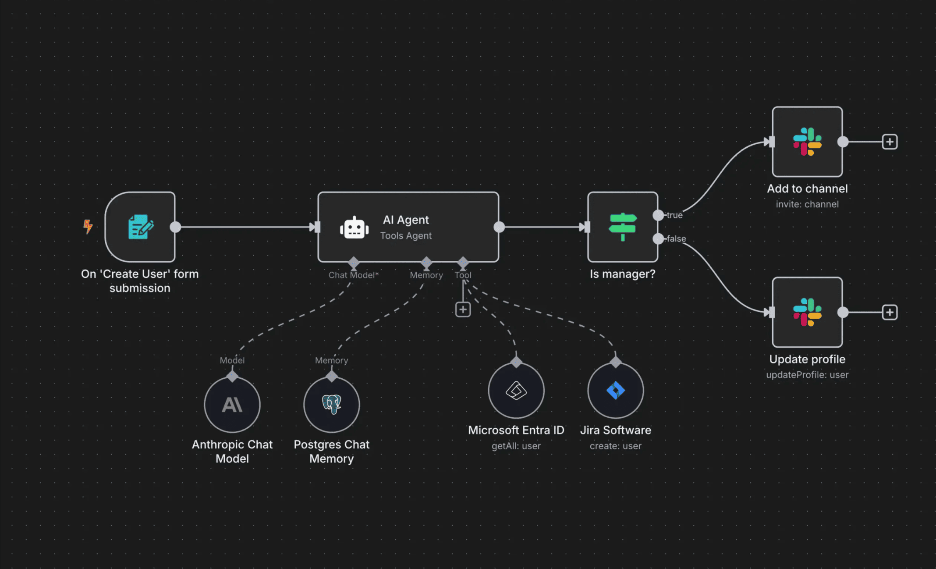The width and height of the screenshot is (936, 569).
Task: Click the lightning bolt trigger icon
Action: click(x=88, y=226)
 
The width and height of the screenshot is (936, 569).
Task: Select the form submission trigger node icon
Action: click(x=140, y=227)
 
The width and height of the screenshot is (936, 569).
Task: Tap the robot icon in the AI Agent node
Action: click(x=354, y=228)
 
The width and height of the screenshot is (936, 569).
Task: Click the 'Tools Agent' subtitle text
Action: click(x=406, y=236)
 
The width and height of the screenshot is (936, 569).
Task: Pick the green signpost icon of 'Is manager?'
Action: click(x=622, y=226)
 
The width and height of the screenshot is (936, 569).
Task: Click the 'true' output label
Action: click(x=674, y=215)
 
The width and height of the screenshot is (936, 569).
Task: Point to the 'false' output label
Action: click(x=676, y=239)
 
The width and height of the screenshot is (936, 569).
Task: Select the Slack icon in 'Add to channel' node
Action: click(x=807, y=142)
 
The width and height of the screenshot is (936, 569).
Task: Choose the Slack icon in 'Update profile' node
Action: click(x=807, y=312)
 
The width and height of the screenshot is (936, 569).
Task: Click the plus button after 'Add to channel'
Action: click(x=890, y=142)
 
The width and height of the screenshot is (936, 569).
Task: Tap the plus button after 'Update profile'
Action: click(x=890, y=312)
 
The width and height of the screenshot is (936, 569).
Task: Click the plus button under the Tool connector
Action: click(x=463, y=309)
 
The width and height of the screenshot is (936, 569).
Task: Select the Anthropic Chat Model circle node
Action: click(x=232, y=405)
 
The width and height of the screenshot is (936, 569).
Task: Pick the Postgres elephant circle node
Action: click(x=332, y=405)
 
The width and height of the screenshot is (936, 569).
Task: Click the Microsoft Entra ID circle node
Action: click(x=516, y=390)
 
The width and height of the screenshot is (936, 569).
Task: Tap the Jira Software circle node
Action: click(x=616, y=390)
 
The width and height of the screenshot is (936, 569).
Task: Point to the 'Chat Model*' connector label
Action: click(x=353, y=275)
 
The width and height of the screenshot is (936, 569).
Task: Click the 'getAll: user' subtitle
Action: click(x=516, y=446)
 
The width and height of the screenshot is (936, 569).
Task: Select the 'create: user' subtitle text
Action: click(x=616, y=446)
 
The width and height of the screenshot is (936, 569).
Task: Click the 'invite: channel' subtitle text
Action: click(x=807, y=204)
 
